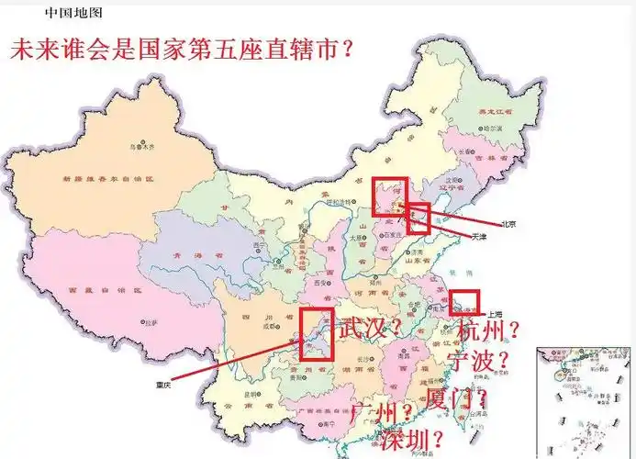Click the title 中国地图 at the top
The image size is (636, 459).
coord(73,13)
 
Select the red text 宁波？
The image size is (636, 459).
coord(477,360)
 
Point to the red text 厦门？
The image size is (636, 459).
coord(456,399)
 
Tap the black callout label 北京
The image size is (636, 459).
coord(508,224)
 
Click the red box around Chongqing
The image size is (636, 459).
coord(315,333)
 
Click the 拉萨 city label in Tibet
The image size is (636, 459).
coord(149,322)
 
